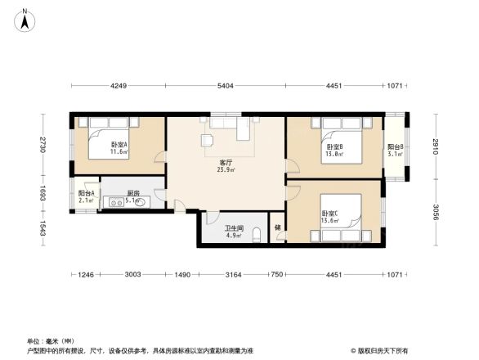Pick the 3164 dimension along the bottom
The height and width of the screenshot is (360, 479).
(234, 275)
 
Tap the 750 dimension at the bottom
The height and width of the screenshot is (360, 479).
(277, 275)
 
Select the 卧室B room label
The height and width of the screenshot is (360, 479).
(334, 149)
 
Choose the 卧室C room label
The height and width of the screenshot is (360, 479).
(329, 216)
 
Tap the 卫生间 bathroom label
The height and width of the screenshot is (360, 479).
(232, 230)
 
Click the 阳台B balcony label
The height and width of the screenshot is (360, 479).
(395, 149)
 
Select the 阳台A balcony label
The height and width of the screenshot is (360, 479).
(86, 195)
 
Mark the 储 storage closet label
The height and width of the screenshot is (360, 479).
(277, 228)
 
